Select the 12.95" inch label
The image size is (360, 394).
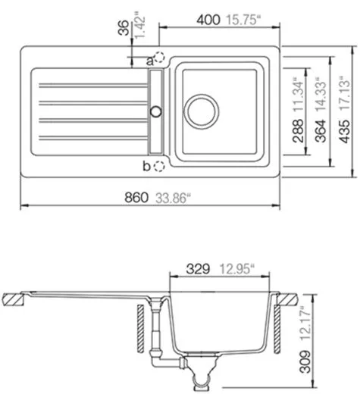pos(236,267)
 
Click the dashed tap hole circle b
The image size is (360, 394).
pos(158,165)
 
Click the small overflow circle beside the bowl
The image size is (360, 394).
pos(156,111)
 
